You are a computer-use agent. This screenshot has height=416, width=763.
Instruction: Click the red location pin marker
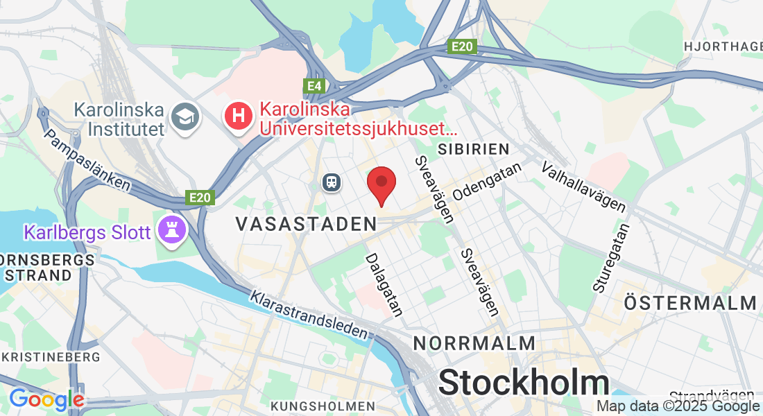click(x=381, y=184)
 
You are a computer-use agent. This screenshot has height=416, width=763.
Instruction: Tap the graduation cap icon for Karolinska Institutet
click(x=185, y=116)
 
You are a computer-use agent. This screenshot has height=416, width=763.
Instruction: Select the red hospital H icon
click(x=238, y=116)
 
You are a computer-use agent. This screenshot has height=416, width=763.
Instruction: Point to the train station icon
click(x=332, y=182)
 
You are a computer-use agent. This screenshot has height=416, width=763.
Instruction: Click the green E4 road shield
click(x=314, y=86)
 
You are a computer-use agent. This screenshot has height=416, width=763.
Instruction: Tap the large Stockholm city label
click(x=524, y=383)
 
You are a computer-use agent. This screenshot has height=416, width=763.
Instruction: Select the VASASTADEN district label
click(x=306, y=224)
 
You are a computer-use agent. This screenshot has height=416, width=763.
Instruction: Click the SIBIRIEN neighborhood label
click(x=474, y=149)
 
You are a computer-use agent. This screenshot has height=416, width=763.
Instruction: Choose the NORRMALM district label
click(x=474, y=343)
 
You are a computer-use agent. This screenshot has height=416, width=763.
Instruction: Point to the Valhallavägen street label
click(x=584, y=187)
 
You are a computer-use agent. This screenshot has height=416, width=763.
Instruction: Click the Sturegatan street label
click(x=611, y=257)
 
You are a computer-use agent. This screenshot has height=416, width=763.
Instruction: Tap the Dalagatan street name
click(x=384, y=285)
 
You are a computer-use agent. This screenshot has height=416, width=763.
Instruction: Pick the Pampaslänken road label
click(x=87, y=159)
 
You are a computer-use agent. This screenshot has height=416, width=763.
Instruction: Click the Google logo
click(x=46, y=399)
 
